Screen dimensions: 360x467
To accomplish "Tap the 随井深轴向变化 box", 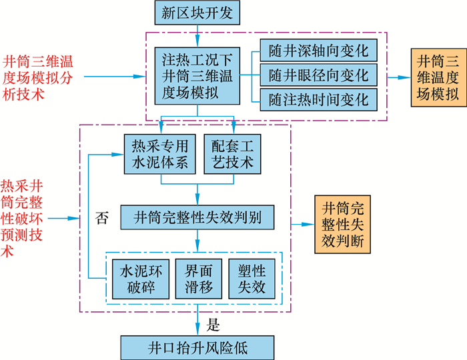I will (x=318, y=51).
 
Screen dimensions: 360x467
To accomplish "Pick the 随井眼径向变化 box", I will (x=318, y=74).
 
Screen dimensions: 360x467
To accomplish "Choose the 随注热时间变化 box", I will (x=318, y=99).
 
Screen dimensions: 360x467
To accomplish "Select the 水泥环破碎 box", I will (x=137, y=279).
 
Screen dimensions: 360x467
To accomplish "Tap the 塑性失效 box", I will (x=252, y=279).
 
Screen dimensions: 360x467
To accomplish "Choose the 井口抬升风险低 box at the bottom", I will (x=197, y=347).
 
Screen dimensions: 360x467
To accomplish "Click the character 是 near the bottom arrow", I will (x=213, y=325).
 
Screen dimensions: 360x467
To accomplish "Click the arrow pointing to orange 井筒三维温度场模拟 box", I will (x=399, y=77).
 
